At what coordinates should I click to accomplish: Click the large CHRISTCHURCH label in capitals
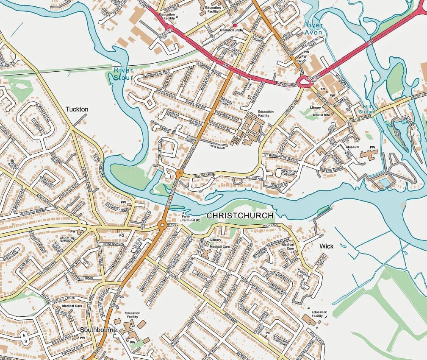(240, 216)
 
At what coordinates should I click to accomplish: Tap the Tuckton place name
(77, 109)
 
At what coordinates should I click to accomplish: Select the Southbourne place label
(98, 329)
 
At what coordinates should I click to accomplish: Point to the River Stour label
(123, 73)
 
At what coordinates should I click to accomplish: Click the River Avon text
(313, 29)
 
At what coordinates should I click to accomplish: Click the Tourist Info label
(321, 115)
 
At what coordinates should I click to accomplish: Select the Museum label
(352, 147)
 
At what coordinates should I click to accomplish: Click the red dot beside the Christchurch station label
(234, 25)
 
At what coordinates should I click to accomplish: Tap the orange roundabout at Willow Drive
(179, 173)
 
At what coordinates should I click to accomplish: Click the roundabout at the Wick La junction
(162, 226)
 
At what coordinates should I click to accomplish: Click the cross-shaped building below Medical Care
(206, 254)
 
